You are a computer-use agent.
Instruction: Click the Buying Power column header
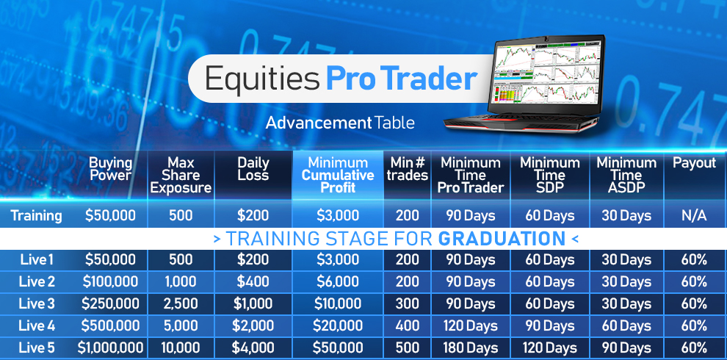point(110,169)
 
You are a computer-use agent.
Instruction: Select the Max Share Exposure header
point(181,176)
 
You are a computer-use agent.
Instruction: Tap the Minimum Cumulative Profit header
point(338,176)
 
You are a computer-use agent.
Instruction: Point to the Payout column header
point(695,163)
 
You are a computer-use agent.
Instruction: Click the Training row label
point(36,216)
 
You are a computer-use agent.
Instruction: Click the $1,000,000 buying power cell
point(110,348)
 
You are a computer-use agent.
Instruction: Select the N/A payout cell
point(695,216)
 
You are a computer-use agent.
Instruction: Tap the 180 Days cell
point(471,348)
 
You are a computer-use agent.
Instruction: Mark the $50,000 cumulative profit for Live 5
point(338,348)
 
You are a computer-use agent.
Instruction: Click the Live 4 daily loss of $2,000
point(253,325)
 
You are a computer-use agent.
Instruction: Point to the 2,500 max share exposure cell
point(181,304)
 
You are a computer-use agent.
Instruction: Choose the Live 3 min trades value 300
point(408,304)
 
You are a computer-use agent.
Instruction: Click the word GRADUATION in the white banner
point(502,239)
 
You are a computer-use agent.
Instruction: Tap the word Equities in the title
point(262,79)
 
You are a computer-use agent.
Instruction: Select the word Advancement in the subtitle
point(319,123)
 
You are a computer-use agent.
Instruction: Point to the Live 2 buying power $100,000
point(110,281)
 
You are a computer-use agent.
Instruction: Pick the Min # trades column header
point(408,169)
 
